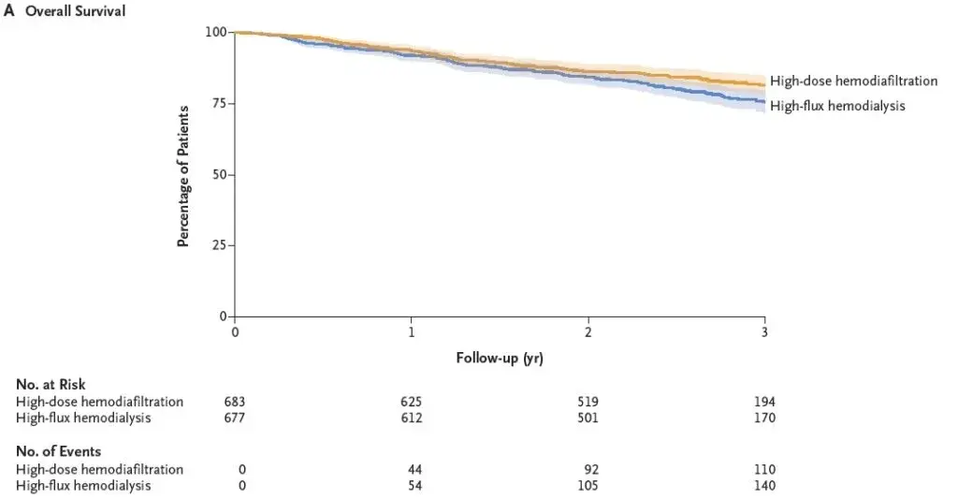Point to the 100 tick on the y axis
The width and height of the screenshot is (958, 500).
tap(215, 32)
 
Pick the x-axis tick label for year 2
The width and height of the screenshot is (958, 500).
tap(588, 333)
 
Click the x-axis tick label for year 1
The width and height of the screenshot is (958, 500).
tap(411, 333)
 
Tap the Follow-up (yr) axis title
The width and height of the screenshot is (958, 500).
tap(500, 358)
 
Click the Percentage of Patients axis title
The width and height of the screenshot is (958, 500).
tap(183, 176)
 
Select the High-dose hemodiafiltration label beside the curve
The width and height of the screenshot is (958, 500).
tap(853, 81)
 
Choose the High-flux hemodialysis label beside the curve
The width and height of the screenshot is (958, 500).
tap(837, 106)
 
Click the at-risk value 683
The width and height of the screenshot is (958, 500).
tap(235, 402)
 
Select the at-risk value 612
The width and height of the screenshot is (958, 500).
tap(411, 418)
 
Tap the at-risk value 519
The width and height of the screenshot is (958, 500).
tap(588, 402)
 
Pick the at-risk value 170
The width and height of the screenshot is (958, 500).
tap(764, 418)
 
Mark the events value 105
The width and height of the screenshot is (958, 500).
tap(588, 485)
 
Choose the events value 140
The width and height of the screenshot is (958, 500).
tap(764, 485)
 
